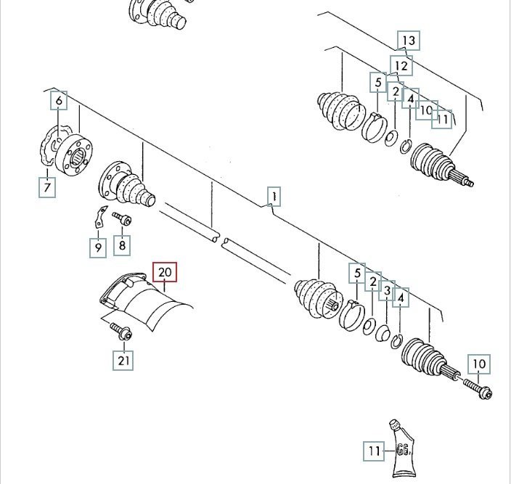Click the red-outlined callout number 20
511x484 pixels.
pyautogui.click(x=165, y=273)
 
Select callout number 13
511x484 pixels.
pyautogui.click(x=409, y=41)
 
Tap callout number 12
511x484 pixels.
pyautogui.click(x=401, y=66)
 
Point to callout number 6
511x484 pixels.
pyautogui.click(x=58, y=100)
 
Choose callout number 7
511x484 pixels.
pyautogui.click(x=47, y=189)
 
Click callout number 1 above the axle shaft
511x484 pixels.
pyautogui.click(x=273, y=196)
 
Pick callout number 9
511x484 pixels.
pyautogui.click(x=97, y=247)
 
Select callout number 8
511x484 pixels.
pyautogui.click(x=122, y=245)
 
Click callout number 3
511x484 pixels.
pyautogui.click(x=388, y=291)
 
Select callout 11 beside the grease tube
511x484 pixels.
pyautogui.click(x=373, y=451)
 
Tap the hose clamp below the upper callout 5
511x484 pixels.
pyautogui.click(x=373, y=127)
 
